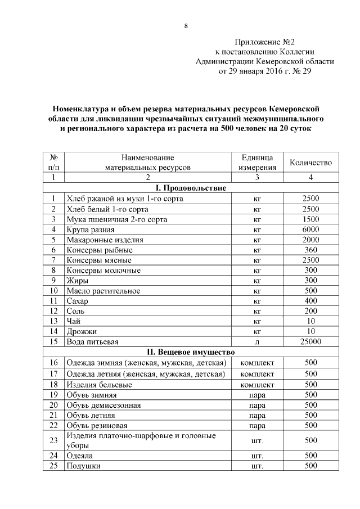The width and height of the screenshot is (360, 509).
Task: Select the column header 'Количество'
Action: tap(310, 163)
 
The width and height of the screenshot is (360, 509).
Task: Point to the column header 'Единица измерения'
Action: tap(257, 162)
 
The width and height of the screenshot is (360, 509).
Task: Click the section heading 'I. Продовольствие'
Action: tap(191, 188)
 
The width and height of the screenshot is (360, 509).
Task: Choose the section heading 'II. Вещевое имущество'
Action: tap(191, 352)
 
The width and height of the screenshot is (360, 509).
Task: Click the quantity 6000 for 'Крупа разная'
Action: tap(310, 229)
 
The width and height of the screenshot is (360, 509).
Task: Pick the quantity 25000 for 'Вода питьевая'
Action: tap(310, 341)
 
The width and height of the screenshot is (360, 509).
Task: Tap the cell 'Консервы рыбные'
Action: tap(100, 250)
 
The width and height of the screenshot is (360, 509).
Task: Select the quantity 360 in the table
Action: tap(310, 250)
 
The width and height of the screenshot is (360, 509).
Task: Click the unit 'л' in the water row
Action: tap(257, 341)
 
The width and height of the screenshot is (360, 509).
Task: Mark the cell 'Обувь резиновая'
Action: tap(97, 425)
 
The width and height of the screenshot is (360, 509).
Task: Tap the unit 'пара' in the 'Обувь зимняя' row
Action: tap(257, 395)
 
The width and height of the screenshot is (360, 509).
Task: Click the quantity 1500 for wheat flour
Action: tap(310, 219)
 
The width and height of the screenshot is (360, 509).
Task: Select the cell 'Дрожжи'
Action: tap(82, 332)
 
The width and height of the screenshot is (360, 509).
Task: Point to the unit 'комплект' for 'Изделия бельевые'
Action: tap(257, 385)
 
